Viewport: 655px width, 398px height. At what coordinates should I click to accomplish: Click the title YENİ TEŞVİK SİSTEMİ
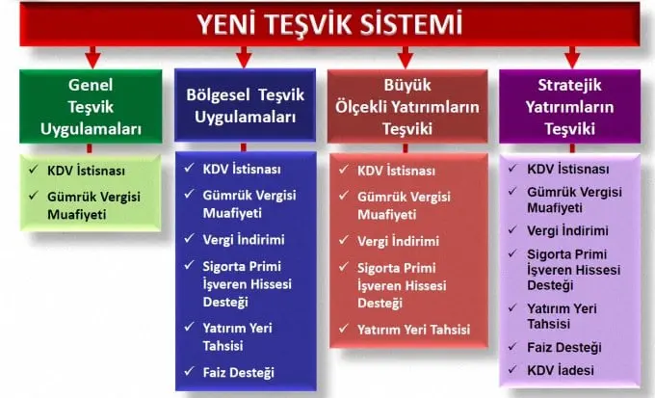click(327, 23)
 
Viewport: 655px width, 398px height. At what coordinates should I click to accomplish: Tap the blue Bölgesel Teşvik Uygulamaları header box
click(246, 108)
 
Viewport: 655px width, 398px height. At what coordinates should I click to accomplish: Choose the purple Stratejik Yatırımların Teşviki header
click(571, 108)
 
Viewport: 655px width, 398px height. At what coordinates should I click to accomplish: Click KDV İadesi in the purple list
click(561, 371)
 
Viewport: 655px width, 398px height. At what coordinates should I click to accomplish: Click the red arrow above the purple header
click(572, 54)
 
